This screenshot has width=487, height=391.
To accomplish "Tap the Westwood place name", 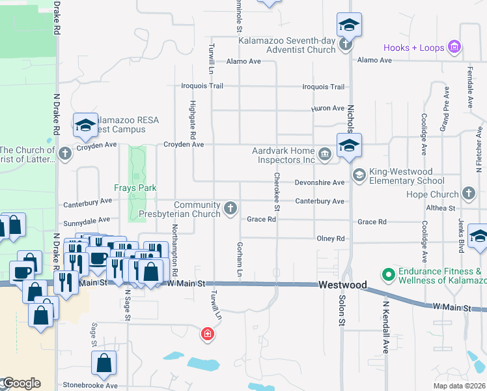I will click(x=342, y=285).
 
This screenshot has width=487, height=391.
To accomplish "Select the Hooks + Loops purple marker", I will click(x=455, y=48).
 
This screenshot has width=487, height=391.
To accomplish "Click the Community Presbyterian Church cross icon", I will click(x=230, y=208).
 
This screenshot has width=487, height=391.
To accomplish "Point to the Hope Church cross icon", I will click(x=468, y=194).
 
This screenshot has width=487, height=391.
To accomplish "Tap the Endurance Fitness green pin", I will click(x=389, y=274).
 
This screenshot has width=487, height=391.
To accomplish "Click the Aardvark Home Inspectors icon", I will click(x=325, y=154).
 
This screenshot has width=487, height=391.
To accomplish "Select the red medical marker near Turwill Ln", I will click(x=208, y=334).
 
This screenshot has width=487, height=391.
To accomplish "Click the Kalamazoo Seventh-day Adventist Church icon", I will click(x=346, y=44).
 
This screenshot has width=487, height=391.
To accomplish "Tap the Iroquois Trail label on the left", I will click(x=202, y=86).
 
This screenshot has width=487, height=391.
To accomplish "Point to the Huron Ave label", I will click(x=328, y=108).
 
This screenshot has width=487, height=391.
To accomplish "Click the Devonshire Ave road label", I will click(x=320, y=183).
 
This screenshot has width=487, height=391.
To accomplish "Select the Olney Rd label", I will click(x=331, y=239).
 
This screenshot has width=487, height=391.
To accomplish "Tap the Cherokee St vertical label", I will click(x=277, y=192).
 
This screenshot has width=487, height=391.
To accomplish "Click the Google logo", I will click(x=21, y=383).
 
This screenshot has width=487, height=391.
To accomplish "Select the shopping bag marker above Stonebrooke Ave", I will click(x=104, y=364).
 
